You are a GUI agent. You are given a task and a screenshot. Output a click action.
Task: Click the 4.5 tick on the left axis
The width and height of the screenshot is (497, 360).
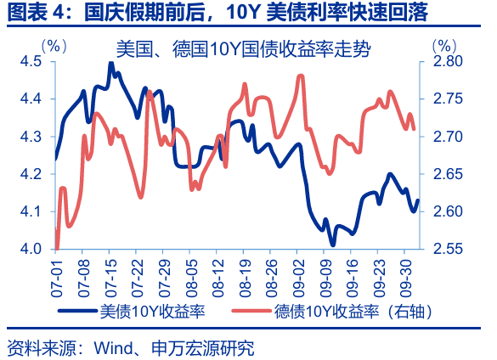point(32,62)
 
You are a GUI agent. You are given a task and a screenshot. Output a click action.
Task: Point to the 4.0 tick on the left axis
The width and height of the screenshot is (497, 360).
point(32,249)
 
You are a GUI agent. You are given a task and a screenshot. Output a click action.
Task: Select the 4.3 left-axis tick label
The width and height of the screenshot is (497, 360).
point(32,137)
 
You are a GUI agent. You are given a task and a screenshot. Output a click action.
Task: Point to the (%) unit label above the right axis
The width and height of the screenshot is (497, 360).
point(444,45)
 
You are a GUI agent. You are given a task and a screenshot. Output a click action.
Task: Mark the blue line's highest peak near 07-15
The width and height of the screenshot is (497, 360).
point(111,64)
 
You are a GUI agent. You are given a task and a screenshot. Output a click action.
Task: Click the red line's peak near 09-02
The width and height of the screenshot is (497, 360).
point(301,76)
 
